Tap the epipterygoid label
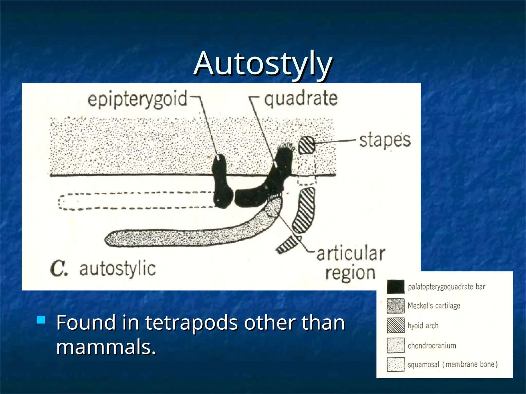click(137, 100)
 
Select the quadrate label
click(301, 99)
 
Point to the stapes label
click(384, 141)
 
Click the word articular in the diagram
click(351, 253)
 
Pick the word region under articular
click(350, 273)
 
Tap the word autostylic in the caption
click(117, 269)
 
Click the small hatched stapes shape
click(307, 145)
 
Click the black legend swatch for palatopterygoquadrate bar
click(396, 287)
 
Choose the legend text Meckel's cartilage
click(434, 306)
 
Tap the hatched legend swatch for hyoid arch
click(396, 326)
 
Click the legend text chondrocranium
click(432, 346)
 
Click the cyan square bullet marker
click(41, 320)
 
